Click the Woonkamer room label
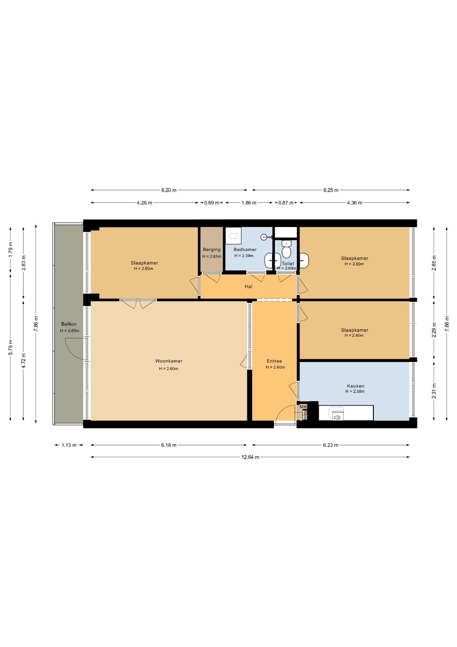[169, 361]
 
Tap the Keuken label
[356, 386]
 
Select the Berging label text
[212, 249]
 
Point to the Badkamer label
[245, 249]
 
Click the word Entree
[274, 361]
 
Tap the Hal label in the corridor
[248, 286]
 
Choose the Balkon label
[69, 324]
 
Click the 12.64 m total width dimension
[250, 457]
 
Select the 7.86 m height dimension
[36, 323]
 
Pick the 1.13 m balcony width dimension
[69, 445]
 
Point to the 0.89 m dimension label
[212, 203]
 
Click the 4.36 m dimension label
[355, 203]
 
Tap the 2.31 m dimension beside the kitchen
[434, 391]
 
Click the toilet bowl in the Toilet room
[286, 251]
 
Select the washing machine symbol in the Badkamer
[233, 236]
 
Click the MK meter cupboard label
[303, 407]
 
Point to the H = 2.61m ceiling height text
[212, 256]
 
